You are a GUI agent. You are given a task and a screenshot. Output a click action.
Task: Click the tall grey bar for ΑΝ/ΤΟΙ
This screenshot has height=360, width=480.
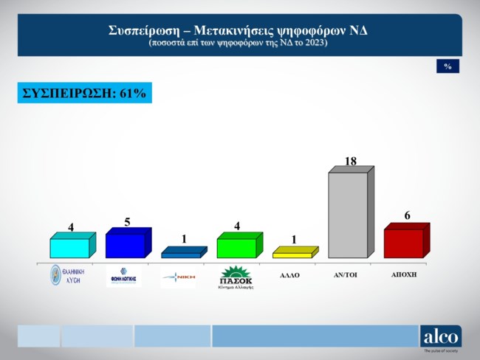347,215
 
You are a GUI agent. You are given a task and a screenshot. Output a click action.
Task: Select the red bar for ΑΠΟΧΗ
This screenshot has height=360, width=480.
403,243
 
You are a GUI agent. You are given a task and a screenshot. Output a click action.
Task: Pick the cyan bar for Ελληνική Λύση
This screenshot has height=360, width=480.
69,248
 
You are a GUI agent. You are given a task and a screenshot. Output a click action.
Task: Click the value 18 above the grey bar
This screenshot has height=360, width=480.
351,161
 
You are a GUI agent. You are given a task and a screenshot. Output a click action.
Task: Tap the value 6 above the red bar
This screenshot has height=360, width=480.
407,215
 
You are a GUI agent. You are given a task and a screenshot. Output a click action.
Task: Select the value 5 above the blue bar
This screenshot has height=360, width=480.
128,221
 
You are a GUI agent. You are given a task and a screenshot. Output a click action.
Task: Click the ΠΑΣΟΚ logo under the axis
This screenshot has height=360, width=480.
236,278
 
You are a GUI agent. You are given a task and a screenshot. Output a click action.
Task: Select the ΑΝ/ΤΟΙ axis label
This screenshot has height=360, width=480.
346,274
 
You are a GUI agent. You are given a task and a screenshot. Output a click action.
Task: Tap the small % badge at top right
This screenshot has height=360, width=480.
448,66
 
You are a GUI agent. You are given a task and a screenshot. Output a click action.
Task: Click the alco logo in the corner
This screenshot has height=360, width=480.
441,337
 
